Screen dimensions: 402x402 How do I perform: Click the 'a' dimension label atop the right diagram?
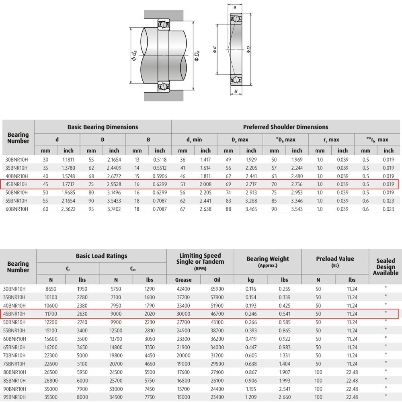pyautogui.click(x=235, y=7)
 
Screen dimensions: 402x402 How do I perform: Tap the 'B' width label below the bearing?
pyautogui.click(x=236, y=91)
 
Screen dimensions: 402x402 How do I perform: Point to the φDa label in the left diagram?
pyautogui.click(x=197, y=56)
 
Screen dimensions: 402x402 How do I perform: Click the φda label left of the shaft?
pyautogui.click(x=134, y=55)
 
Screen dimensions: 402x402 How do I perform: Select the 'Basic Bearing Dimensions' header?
pyautogui.click(x=103, y=127)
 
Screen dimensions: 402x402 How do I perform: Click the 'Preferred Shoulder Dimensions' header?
pyautogui.click(x=285, y=127)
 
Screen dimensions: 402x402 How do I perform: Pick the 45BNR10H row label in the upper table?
pyautogui.click(x=16, y=185)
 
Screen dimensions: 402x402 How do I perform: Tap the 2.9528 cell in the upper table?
pyautogui.click(x=114, y=185)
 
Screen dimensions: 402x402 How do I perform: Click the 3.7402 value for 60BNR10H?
pyautogui.click(x=114, y=209)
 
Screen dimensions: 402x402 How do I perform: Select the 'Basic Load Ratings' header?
pyautogui.click(x=102, y=256)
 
